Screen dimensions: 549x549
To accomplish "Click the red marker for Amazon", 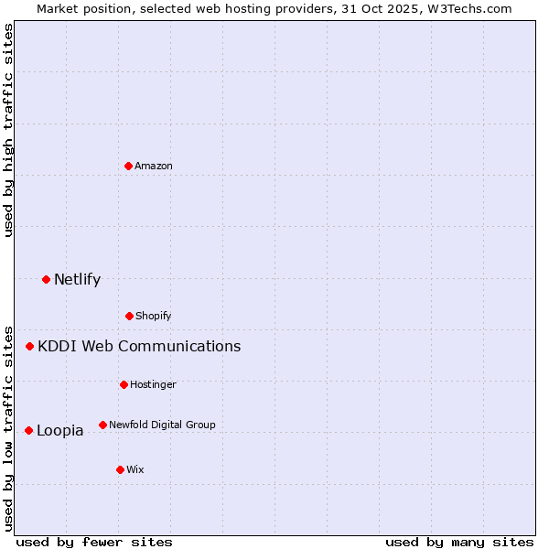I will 129,166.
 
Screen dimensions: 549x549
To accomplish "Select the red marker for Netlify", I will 46,279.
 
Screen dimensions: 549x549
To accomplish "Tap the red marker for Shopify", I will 129,316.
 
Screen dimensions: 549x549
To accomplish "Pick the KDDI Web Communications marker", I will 30,346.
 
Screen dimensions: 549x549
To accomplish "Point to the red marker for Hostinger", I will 124,384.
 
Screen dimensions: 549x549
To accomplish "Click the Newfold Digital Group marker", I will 102,425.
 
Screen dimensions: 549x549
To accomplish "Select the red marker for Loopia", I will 29,430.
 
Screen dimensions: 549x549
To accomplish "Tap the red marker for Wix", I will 120,469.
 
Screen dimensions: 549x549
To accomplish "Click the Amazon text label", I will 154,166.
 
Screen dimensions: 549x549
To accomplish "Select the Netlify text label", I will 78,279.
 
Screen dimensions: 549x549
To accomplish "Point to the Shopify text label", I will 154,316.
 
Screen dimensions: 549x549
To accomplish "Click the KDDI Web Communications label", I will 139,346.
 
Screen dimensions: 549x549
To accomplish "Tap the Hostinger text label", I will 153,384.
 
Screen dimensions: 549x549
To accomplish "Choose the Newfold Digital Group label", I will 163,425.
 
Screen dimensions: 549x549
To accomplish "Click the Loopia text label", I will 60,430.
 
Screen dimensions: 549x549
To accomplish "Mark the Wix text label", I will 135,469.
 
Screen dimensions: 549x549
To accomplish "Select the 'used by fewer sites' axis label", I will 94,542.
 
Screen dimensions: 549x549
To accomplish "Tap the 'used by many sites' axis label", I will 459,542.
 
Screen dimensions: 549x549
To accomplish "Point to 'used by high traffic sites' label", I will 8,130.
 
